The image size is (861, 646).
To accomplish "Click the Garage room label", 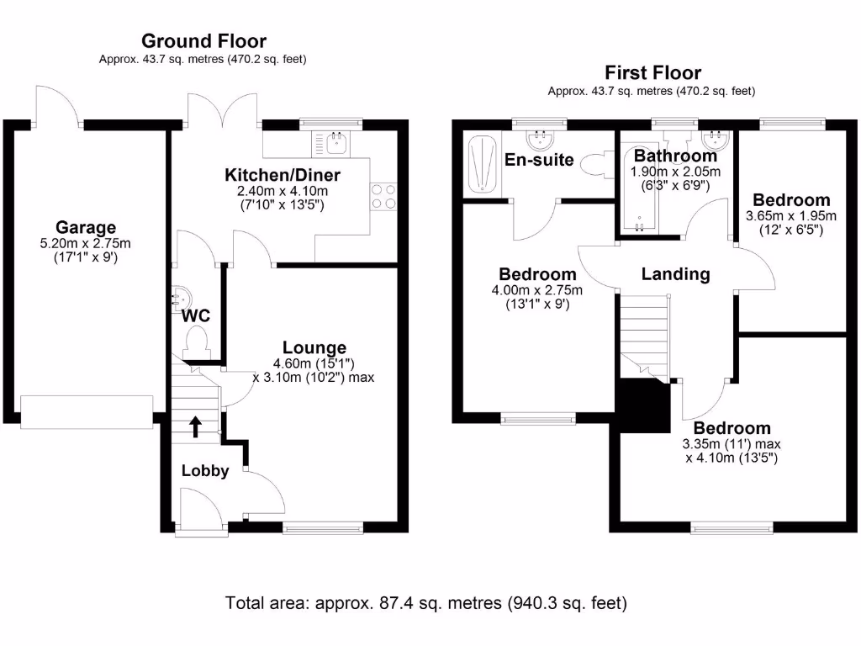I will click(86, 227).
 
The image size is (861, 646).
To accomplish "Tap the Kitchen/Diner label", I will click(282, 175).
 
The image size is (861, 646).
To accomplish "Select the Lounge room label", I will click(314, 347).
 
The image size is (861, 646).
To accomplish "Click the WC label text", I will click(197, 316).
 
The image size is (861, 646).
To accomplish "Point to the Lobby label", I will click(205, 471).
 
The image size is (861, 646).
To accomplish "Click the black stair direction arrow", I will click(196, 426).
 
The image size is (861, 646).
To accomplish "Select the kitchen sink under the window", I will click(337, 144).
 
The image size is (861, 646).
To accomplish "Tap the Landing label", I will click(675, 273).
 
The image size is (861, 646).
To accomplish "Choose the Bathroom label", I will click(675, 156).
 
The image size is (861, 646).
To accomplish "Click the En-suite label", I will click(539, 159).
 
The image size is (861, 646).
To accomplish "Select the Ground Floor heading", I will click(203, 40).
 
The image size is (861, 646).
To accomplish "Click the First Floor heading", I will click(652, 72).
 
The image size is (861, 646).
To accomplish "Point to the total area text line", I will click(426, 602).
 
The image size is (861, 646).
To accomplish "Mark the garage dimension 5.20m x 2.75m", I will click(86, 244).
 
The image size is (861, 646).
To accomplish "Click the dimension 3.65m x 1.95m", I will click(791, 215).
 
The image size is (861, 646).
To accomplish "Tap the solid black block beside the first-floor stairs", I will click(642, 403).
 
